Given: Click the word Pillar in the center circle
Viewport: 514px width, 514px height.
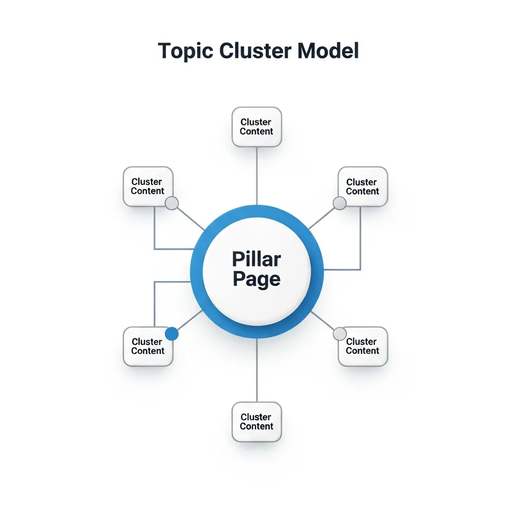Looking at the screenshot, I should [x=256, y=260].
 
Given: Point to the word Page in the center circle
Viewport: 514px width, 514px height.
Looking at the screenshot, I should [x=256, y=280].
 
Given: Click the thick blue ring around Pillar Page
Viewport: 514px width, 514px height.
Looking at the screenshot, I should [x=197, y=272].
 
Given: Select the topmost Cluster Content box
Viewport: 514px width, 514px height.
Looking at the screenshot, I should [x=256, y=126].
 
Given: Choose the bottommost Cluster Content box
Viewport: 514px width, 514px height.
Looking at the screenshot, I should [x=256, y=422].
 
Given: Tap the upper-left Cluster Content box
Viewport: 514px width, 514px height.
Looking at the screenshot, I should [x=148, y=186].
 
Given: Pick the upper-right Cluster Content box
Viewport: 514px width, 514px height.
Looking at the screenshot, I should [x=362, y=186].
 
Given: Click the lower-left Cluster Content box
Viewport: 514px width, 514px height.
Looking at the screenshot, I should [x=148, y=346].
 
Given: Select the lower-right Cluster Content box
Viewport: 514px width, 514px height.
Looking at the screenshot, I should [x=362, y=346].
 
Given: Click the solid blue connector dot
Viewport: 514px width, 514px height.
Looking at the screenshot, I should [x=172, y=334].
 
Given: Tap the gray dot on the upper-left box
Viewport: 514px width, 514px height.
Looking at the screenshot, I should [x=172, y=203].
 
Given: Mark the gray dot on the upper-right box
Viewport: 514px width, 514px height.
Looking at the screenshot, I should [x=340, y=203].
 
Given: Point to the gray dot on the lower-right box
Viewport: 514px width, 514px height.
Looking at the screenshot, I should [x=340, y=334].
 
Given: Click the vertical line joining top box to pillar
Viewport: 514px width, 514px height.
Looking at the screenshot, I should [x=256, y=176].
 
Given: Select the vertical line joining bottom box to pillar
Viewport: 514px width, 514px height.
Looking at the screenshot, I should [x=256, y=370].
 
